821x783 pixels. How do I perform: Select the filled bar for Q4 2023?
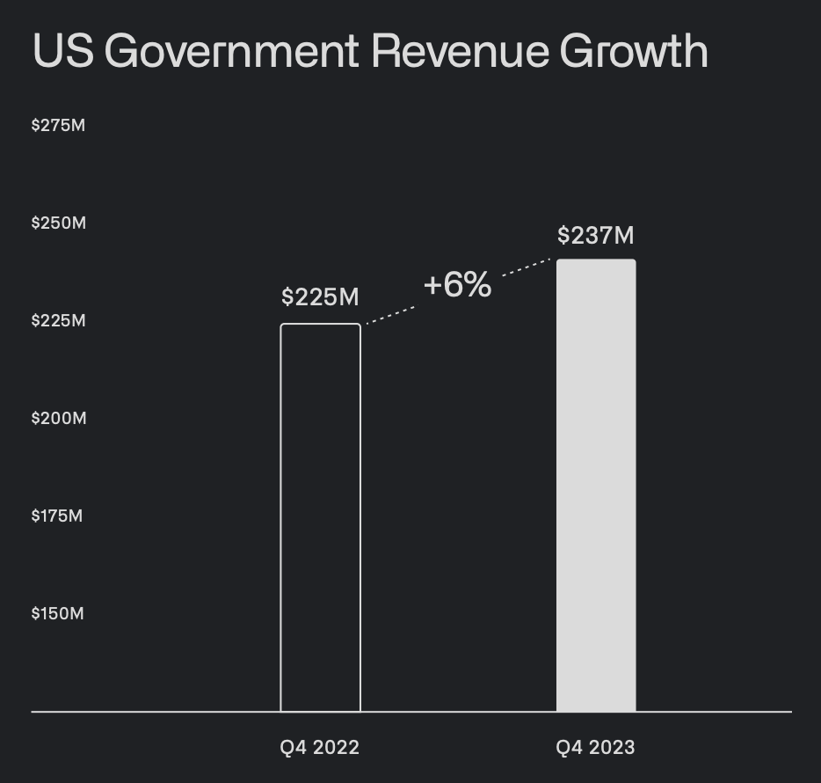tap(596, 485)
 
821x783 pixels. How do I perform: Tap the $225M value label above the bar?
tap(320, 297)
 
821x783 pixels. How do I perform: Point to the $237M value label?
tap(596, 236)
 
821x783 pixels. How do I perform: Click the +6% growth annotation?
tap(457, 285)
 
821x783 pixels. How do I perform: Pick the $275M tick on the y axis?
tap(59, 126)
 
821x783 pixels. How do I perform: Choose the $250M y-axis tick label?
tap(59, 223)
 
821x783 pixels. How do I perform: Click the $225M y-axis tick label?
tap(59, 321)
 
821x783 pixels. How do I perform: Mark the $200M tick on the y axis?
tap(59, 419)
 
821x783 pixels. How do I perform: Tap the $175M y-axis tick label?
tap(57, 516)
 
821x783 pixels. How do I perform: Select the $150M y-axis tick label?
tap(58, 614)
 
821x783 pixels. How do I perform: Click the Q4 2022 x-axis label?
tap(320, 748)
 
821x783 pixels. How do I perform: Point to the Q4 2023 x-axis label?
tap(595, 748)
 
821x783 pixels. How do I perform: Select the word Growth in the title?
tap(634, 53)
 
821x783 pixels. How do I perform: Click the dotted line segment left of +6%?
tap(390, 316)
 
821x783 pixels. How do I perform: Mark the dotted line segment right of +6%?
tap(526, 267)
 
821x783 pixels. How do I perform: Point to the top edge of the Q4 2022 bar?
tap(320, 325)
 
